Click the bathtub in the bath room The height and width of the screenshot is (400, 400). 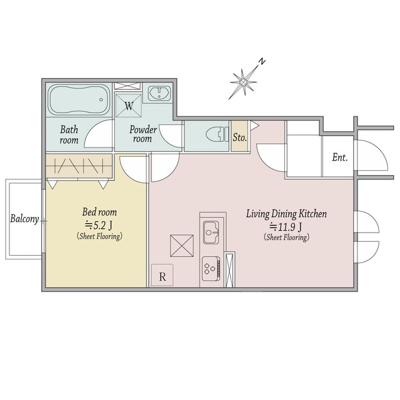79,100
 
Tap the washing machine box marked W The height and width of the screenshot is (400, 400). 129,106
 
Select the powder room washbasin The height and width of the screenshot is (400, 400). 160,92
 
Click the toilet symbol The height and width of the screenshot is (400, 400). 217,134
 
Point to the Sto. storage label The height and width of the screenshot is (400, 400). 239,137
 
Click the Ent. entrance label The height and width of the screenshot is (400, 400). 340,157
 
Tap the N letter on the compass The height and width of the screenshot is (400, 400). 262,61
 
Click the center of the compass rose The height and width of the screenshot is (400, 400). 244,82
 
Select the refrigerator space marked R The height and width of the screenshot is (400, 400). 162,275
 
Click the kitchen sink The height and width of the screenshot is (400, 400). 211,232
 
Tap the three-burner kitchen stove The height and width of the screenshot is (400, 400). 211,269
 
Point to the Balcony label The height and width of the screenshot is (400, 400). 24,219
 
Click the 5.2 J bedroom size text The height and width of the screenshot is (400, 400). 99,225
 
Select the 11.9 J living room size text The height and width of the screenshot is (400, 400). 286,226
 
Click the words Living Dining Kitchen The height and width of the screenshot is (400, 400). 286,214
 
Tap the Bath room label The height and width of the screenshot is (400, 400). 69,134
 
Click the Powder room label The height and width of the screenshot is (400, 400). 143,134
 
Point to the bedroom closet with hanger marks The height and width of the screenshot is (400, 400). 79,166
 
